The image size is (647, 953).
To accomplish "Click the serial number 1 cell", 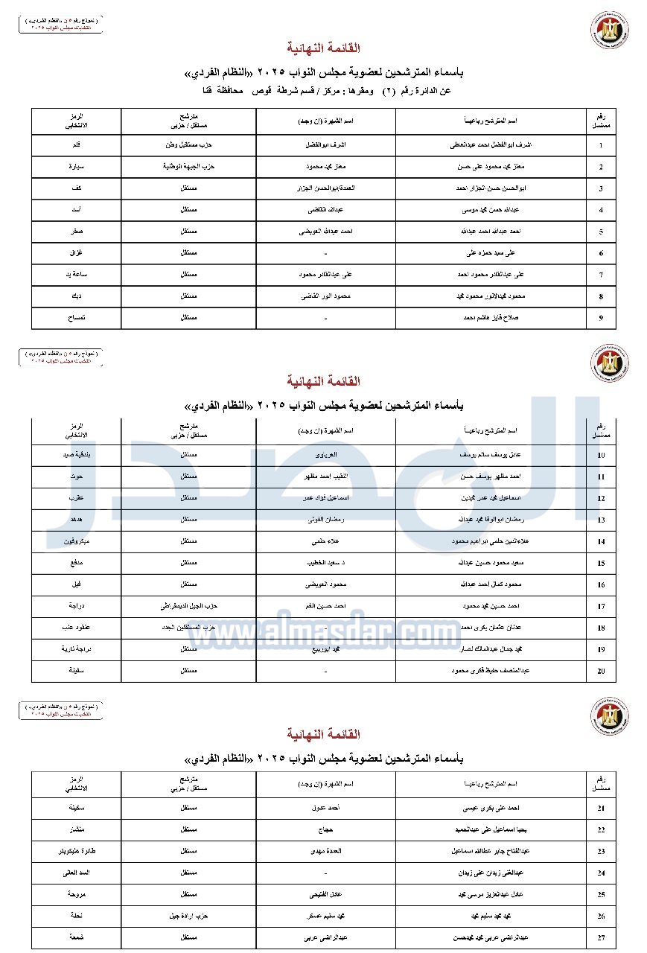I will (x=601, y=145).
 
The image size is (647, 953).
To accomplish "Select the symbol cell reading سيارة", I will (x=76, y=167).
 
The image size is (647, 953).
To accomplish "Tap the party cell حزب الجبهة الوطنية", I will (x=188, y=167).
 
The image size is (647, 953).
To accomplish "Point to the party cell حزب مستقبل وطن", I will (x=188, y=145).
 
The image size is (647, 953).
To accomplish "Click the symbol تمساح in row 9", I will (x=76, y=318).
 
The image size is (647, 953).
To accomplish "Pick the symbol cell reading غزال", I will (x=76, y=253).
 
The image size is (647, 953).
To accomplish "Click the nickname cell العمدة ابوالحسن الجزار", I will (x=325, y=188).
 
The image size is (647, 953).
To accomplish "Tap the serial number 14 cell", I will (x=601, y=542).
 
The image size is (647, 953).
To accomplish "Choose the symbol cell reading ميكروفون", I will (x=76, y=542).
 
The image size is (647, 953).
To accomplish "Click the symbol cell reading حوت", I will (x=76, y=476).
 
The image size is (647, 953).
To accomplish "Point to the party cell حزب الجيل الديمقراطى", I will (x=188, y=607).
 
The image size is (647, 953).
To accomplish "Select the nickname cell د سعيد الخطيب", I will (x=325, y=564).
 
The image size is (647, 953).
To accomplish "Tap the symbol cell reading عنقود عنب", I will (x=76, y=628).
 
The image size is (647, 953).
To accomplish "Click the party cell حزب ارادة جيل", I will (x=188, y=916).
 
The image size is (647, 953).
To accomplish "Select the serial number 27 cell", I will (x=601, y=937).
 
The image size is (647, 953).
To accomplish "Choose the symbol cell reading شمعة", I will (x=76, y=937).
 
